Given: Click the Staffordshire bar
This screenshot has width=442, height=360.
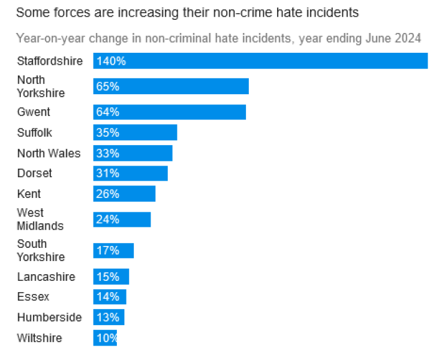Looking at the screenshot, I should click(260, 61).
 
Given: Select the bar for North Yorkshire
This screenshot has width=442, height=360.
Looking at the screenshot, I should click(171, 86).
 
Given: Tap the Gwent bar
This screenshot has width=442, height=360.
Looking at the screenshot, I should click(170, 112).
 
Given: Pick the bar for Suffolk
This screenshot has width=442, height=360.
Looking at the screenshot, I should click(135, 133).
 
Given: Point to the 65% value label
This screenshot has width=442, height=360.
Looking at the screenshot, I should click(108, 86).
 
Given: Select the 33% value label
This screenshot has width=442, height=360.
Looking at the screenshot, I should click(108, 153).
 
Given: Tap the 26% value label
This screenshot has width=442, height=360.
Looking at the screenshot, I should click(108, 194).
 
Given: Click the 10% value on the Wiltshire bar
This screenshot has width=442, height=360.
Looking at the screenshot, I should click(107, 338).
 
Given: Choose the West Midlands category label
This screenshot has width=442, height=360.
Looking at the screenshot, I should click(40, 220).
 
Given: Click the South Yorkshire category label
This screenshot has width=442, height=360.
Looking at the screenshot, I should click(41, 250).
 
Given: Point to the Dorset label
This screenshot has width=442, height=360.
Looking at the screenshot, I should click(35, 173).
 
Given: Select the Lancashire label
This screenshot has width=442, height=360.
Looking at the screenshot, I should click(46, 277).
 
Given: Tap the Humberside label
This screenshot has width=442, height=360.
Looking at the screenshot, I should click(49, 317).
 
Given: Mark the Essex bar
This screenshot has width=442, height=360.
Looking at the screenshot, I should click(110, 297).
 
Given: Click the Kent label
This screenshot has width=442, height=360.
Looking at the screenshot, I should click(29, 194).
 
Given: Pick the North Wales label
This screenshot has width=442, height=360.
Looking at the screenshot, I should click(49, 153).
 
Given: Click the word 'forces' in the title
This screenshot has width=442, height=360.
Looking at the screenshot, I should click(65, 11).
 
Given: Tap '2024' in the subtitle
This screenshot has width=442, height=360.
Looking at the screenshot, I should click(408, 38).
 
